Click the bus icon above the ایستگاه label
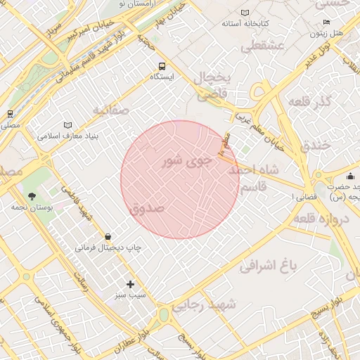click(162, 65)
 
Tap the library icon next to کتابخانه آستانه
click(245, 13)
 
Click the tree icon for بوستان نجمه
click(32, 196)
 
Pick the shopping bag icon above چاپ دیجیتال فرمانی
click(108, 237)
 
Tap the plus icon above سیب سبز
click(130, 284)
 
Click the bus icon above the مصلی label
click(10, 114)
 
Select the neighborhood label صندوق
click(147, 208)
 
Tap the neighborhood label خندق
click(315, 146)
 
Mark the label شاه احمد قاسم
click(259, 179)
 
